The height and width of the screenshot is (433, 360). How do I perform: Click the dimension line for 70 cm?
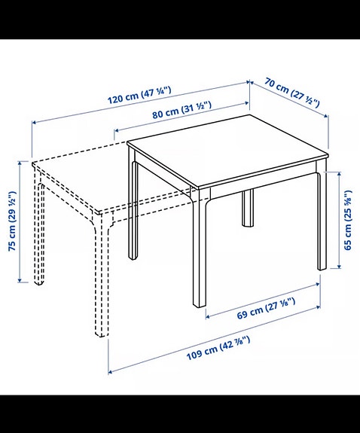click(290, 100)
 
